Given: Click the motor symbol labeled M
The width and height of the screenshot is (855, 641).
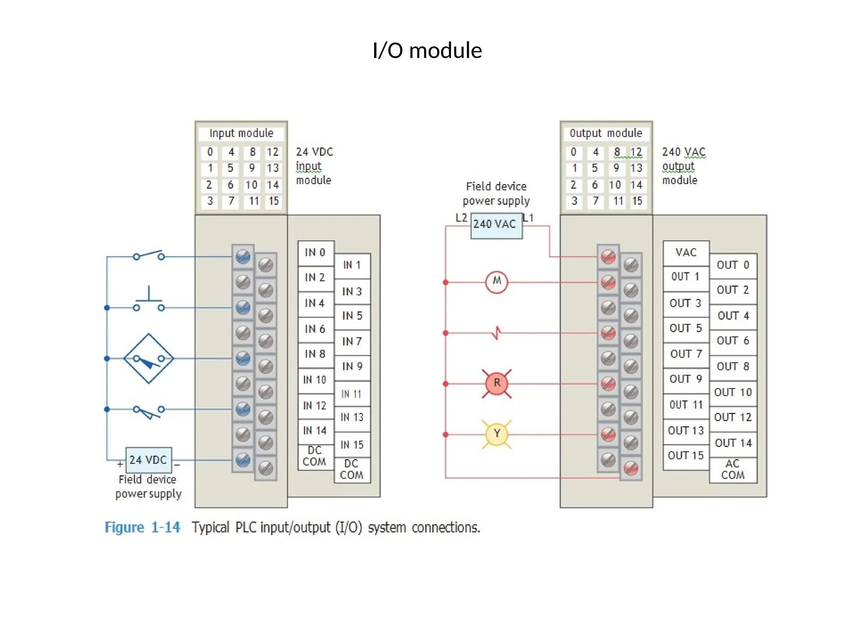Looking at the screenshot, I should (496, 283).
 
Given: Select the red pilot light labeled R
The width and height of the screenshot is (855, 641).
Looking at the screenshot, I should (496, 383).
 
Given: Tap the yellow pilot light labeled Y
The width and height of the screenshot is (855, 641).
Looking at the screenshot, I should (496, 434).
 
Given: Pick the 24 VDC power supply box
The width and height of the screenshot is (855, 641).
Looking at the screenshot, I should (148, 459).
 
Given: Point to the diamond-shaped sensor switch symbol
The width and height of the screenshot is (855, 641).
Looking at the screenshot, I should (149, 358).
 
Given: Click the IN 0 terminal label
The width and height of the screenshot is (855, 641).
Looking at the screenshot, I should (315, 252).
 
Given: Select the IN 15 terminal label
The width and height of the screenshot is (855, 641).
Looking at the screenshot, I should (352, 445).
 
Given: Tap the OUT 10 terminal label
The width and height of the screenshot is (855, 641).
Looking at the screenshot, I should (733, 392).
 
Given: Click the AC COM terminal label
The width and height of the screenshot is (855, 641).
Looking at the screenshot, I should (733, 469).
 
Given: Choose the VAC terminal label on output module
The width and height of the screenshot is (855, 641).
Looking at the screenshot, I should (686, 252).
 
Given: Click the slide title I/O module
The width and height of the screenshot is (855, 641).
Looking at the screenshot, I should (427, 50).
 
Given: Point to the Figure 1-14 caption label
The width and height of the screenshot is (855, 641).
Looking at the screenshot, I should (142, 527).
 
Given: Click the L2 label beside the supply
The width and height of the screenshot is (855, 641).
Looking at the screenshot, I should (461, 217).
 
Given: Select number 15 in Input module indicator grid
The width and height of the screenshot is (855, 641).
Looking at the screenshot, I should (273, 201).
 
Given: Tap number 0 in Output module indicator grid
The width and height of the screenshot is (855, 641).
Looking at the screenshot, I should (574, 152).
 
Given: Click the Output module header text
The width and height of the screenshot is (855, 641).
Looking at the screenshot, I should (606, 133).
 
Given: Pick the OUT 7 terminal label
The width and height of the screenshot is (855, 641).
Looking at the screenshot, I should (686, 354).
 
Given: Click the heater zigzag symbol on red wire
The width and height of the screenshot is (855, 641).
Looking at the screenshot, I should (496, 333).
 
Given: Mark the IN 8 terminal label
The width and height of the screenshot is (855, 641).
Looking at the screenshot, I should (315, 354).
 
